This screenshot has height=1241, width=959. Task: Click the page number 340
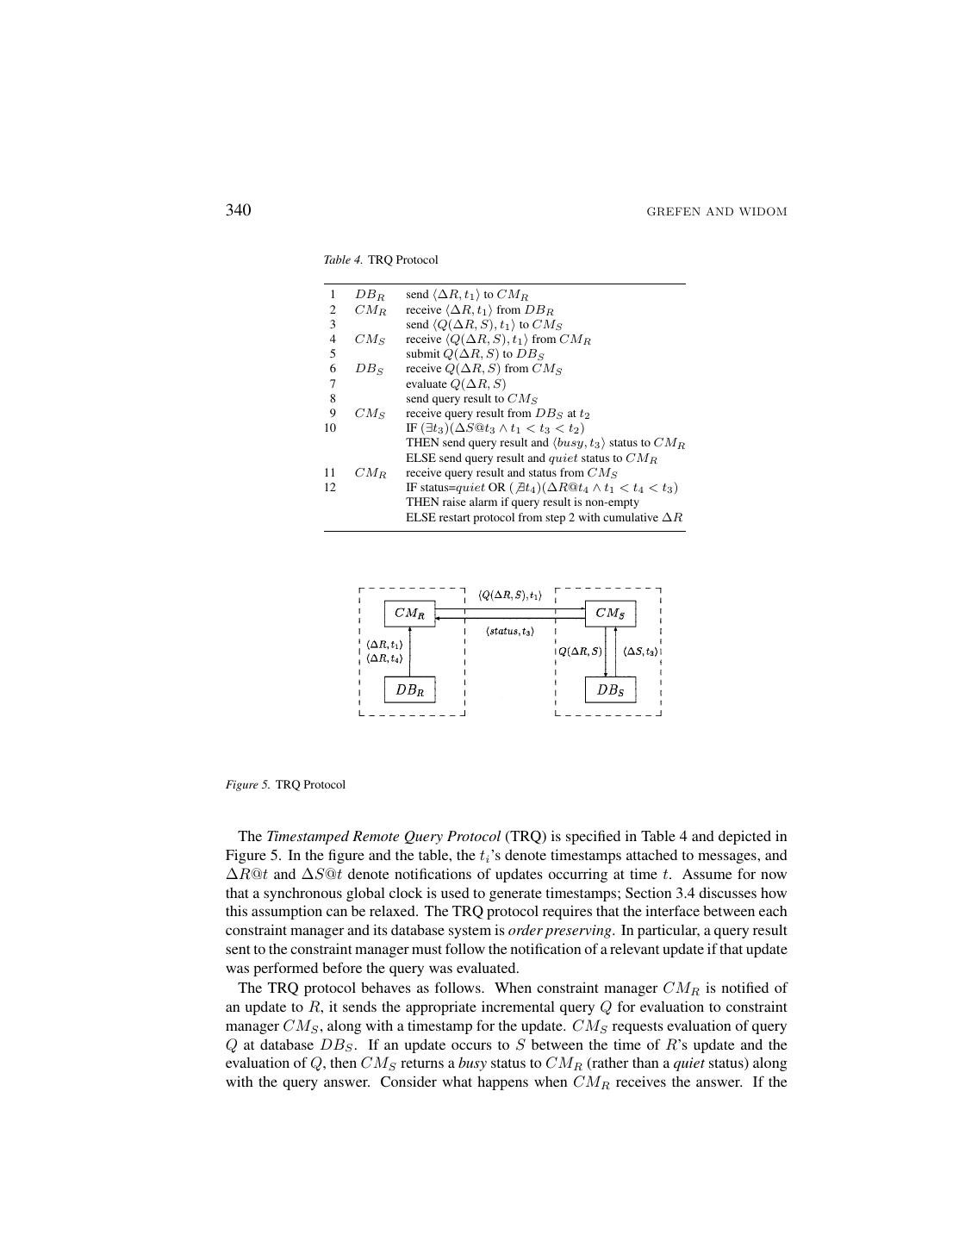[238, 210]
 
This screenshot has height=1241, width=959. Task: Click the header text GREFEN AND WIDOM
[717, 212]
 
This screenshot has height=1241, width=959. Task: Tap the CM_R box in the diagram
[409, 614]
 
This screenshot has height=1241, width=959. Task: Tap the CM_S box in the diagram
[610, 614]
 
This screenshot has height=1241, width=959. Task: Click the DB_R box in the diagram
[409, 689]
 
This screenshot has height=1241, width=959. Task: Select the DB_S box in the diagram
[610, 689]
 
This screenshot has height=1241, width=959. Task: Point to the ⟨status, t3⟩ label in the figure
[510, 632]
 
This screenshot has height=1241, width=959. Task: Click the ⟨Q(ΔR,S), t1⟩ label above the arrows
[510, 596]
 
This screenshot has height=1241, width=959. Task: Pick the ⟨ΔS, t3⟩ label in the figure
[640, 652]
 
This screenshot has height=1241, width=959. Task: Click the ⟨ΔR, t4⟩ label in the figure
[384, 658]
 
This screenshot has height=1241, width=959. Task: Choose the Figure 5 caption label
[247, 784]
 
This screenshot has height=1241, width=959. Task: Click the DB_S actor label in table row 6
[369, 369]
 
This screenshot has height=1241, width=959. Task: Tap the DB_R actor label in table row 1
[369, 295]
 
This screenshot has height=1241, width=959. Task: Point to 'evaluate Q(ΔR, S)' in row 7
[456, 384]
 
